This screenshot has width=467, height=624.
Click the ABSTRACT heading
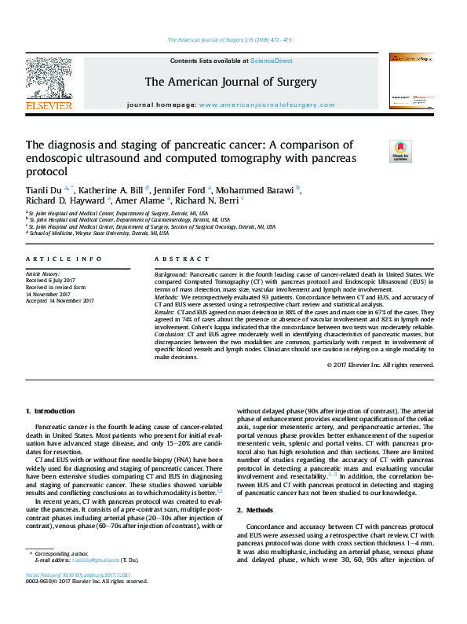173,259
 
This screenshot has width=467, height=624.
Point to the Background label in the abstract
170,274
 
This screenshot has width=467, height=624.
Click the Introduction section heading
51,411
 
